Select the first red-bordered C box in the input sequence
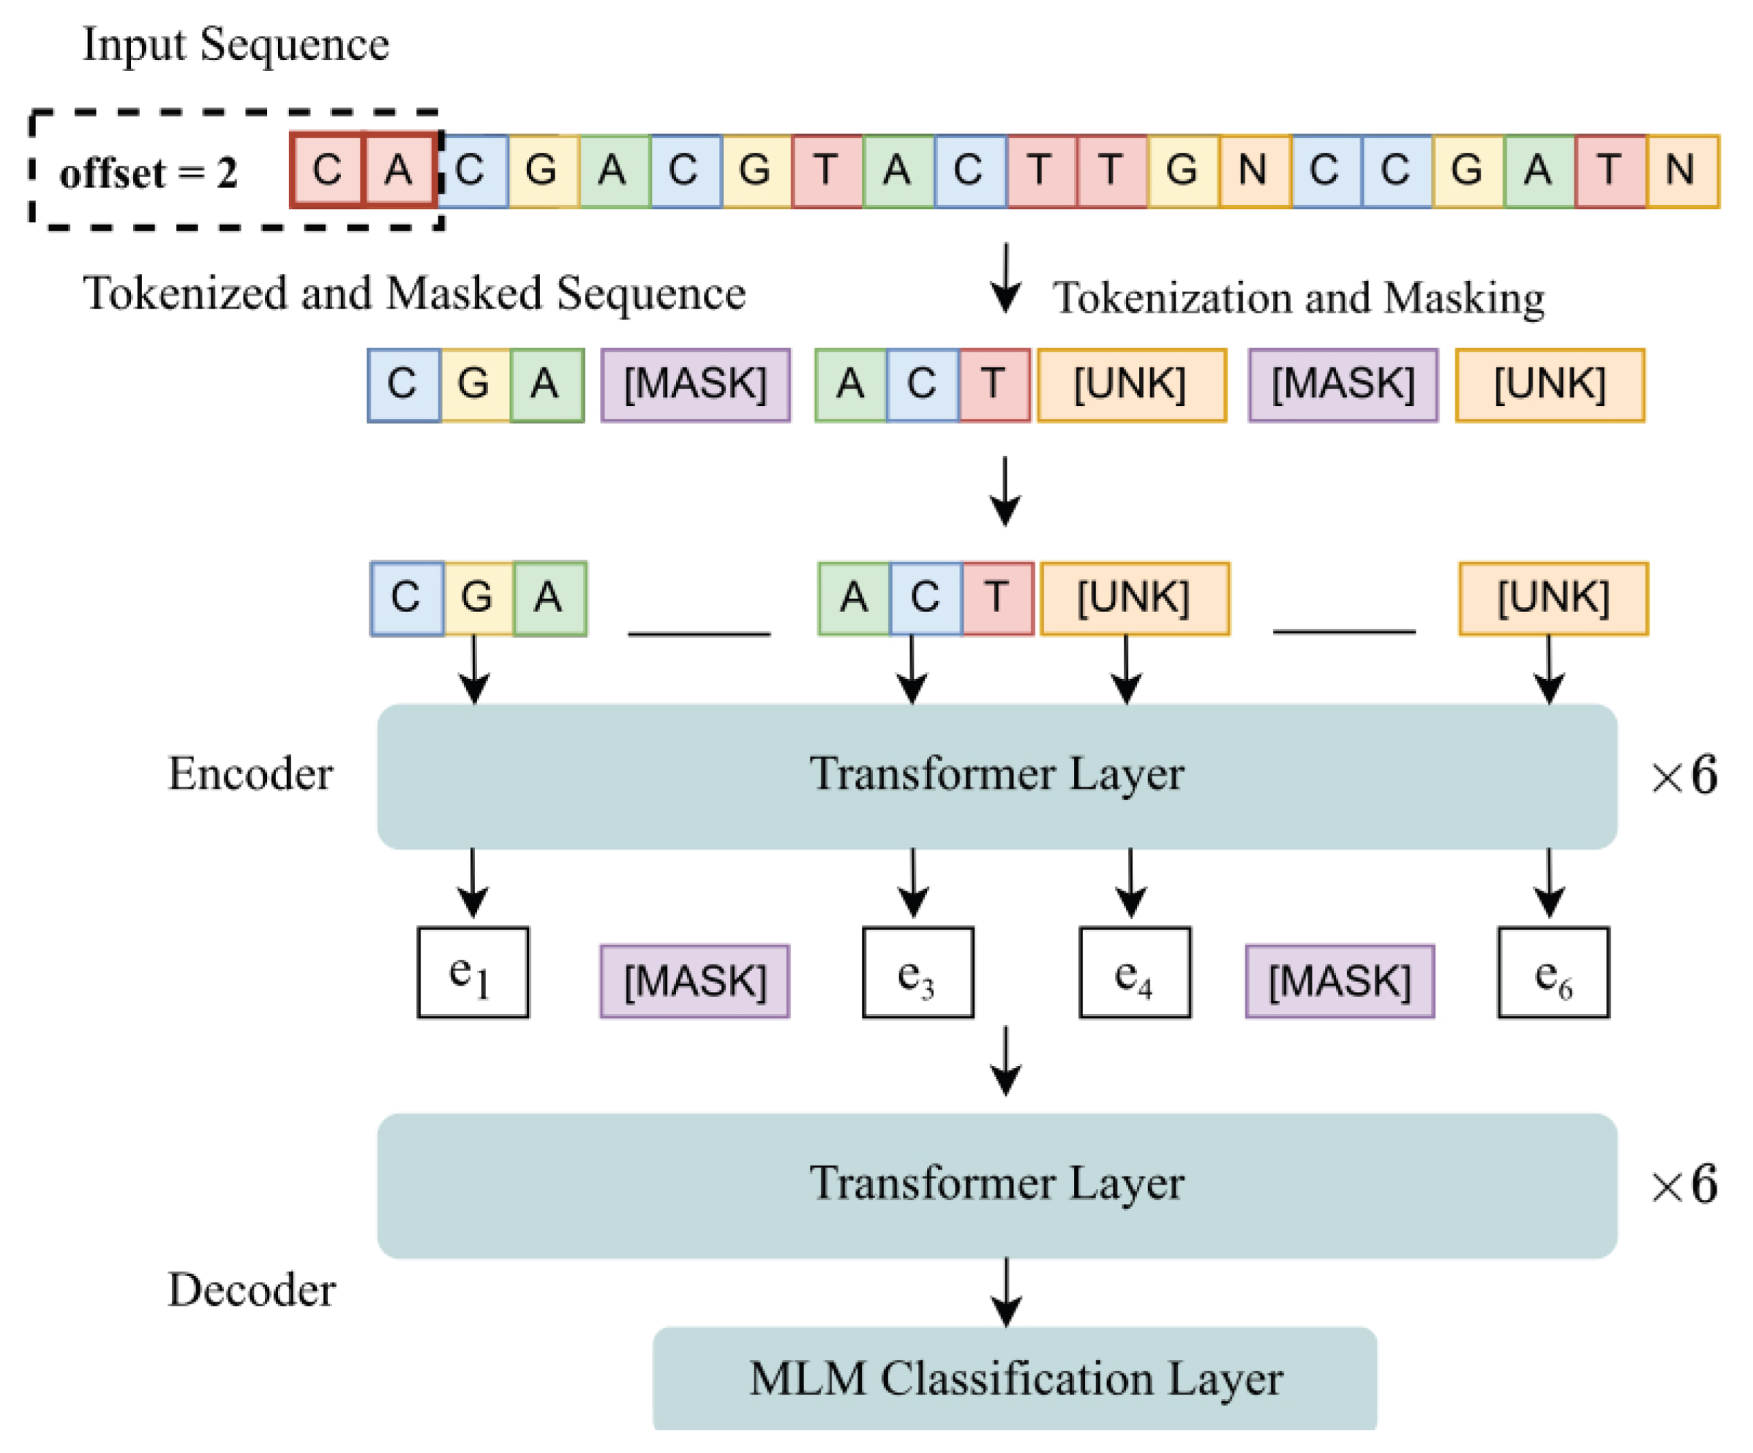coord(326,170)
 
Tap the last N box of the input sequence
coord(1681,170)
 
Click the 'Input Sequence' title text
coord(235,44)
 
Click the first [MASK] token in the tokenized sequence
coord(695,385)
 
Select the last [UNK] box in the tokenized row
coord(1549,385)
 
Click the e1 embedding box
coord(472,973)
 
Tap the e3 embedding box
coord(917,973)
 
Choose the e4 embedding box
coord(1134,973)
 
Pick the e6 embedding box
coord(1553,973)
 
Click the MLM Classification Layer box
coord(1014,1377)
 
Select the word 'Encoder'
coord(250,774)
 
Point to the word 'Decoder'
coord(251,1289)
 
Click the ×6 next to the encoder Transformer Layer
coord(1683,776)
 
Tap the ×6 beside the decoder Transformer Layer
coord(1683,1184)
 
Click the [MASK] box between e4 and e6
coord(1339,981)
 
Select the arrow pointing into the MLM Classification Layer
coord(1006,1293)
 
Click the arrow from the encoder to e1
coord(472,884)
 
